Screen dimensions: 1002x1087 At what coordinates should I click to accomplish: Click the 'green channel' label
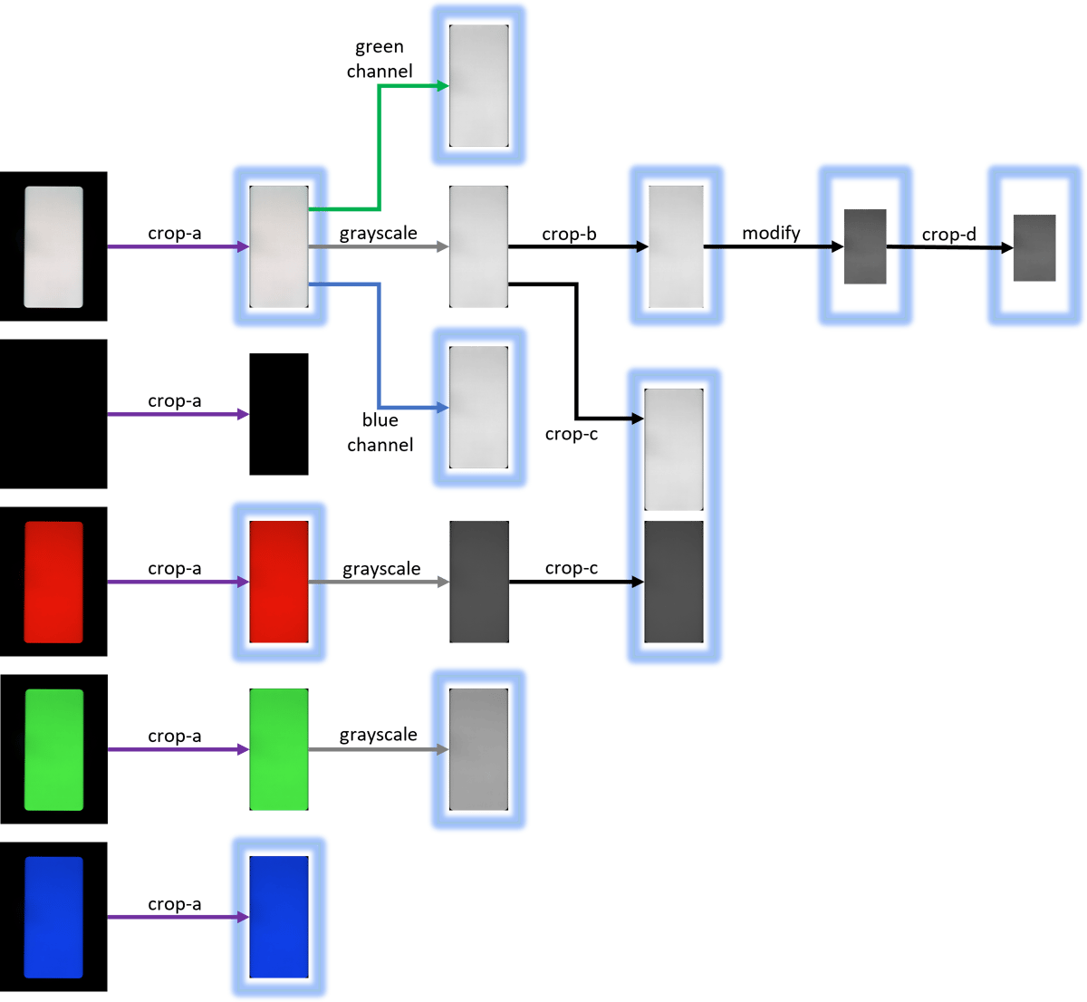(380, 59)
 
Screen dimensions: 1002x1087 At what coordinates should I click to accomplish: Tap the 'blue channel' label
(380, 432)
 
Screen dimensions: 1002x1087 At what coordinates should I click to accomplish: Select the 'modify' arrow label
(771, 234)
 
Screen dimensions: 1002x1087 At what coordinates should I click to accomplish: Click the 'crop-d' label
(948, 235)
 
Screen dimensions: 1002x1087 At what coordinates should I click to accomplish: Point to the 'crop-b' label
(569, 235)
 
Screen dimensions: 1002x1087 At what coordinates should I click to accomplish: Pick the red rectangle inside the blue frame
(279, 582)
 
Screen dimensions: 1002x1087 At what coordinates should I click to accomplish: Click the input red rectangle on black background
(53, 582)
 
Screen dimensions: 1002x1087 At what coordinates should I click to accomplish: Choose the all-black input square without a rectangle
(53, 414)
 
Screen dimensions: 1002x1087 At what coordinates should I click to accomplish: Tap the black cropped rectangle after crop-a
(279, 414)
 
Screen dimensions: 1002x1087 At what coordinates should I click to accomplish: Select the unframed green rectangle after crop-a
(279, 749)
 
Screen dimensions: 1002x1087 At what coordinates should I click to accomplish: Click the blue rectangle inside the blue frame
(279, 917)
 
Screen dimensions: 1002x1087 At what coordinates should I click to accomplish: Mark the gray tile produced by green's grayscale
(478, 749)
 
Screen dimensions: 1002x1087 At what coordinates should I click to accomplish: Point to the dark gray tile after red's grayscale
(479, 582)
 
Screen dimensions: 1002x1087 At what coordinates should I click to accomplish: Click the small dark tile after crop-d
(1034, 247)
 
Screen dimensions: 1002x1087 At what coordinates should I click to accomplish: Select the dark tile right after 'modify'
(865, 246)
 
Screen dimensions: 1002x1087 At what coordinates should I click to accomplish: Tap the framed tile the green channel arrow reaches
(478, 85)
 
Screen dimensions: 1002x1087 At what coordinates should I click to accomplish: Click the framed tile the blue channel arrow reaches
(478, 408)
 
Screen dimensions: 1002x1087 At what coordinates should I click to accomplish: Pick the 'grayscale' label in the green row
(379, 735)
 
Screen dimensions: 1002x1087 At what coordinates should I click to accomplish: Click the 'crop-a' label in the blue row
(175, 904)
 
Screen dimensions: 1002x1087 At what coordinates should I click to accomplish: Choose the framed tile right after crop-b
(676, 246)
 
